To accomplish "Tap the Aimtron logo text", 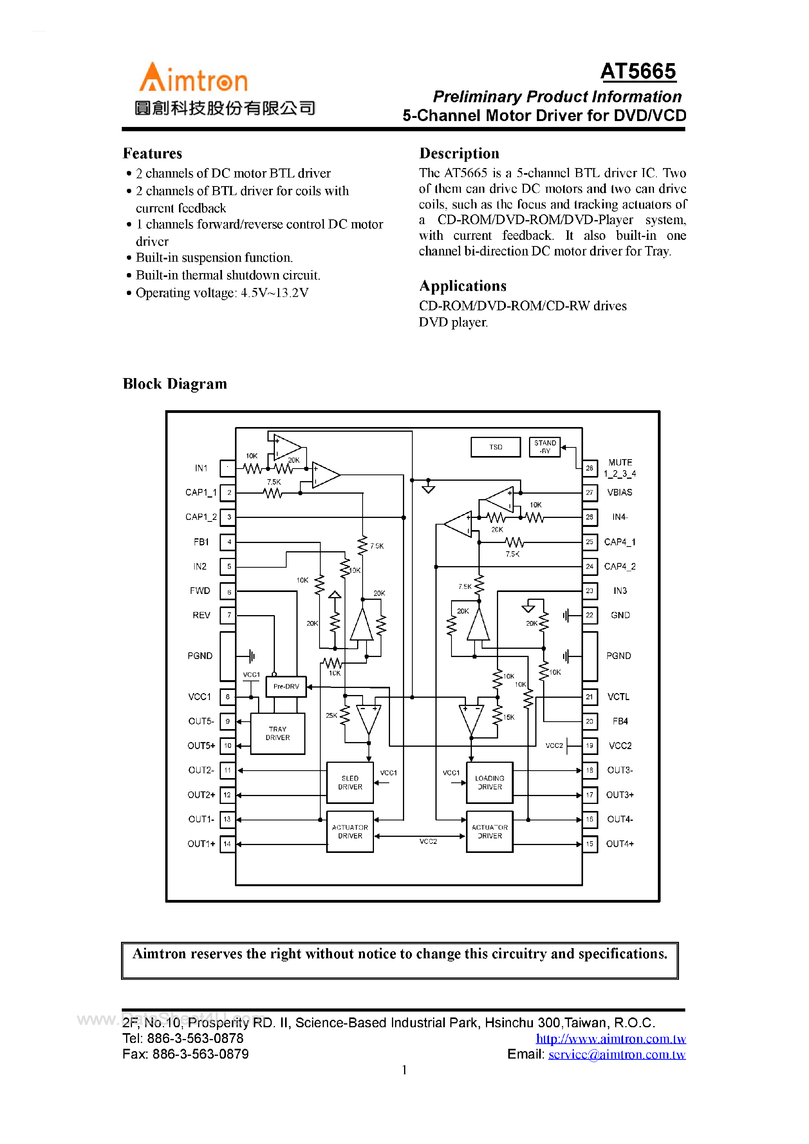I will pyautogui.click(x=193, y=79).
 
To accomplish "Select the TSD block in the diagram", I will pyautogui.click(x=495, y=447).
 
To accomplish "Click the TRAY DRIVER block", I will pyautogui.click(x=278, y=733).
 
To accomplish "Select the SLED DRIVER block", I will pyautogui.click(x=350, y=782).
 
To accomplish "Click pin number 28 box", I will pyautogui.click(x=589, y=468).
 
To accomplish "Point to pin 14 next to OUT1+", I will pyautogui.click(x=227, y=844).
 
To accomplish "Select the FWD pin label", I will pyautogui.click(x=200, y=590).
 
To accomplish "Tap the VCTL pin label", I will pyautogui.click(x=618, y=697).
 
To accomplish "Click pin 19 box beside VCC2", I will pyautogui.click(x=589, y=746).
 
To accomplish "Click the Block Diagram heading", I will pyautogui.click(x=175, y=384).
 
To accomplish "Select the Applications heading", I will pyautogui.click(x=462, y=286).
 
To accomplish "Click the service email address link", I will pyautogui.click(x=617, y=1054).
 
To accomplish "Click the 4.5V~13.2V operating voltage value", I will pyautogui.click(x=274, y=293).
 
